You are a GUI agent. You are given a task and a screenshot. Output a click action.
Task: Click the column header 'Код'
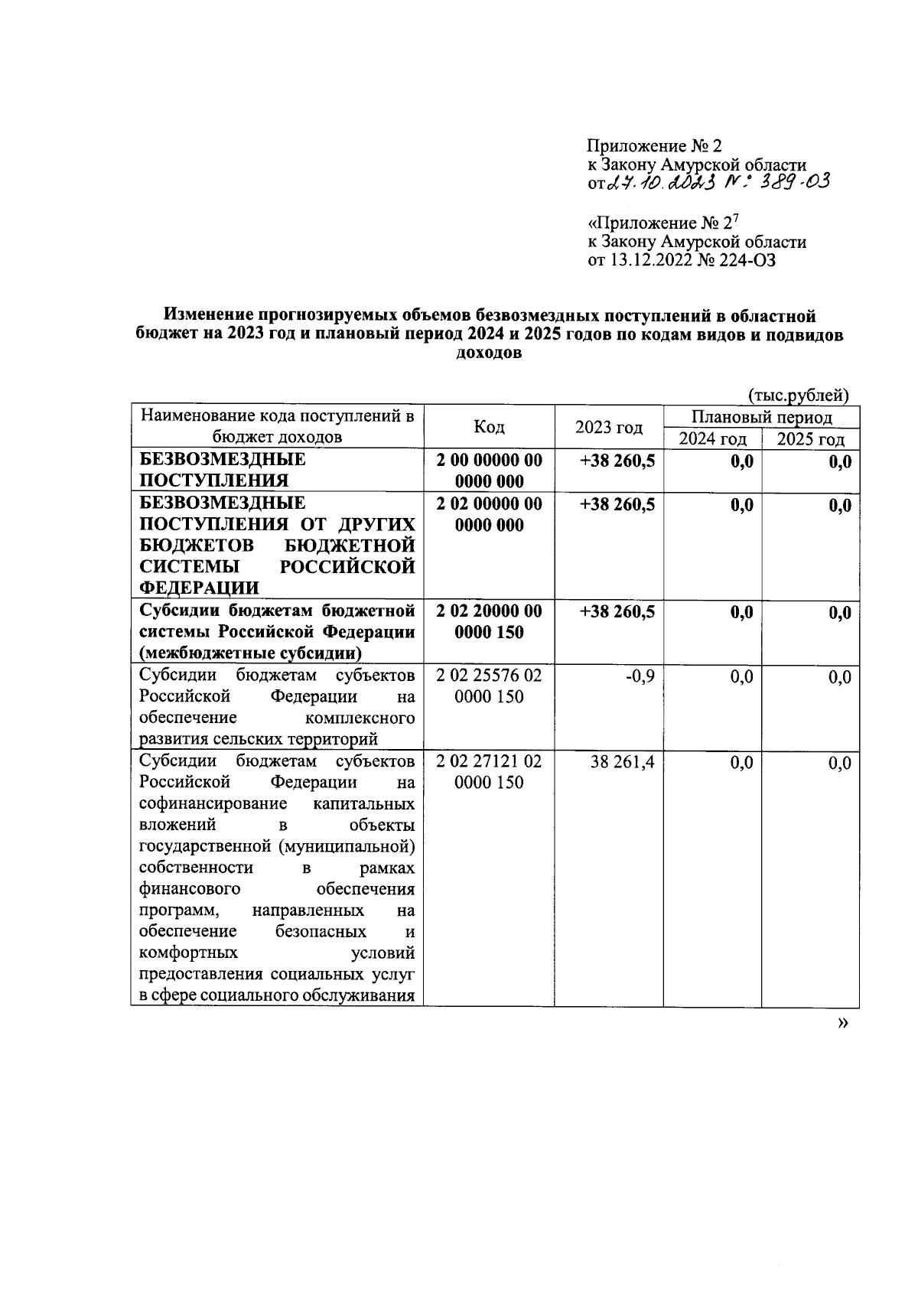[489, 427]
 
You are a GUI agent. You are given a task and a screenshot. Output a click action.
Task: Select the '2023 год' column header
[608, 427]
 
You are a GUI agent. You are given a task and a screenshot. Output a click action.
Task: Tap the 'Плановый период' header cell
[761, 417]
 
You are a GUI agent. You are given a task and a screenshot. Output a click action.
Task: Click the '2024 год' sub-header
[712, 438]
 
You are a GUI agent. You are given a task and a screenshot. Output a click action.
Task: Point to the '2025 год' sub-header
[810, 438]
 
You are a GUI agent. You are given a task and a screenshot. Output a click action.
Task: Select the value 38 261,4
[622, 763]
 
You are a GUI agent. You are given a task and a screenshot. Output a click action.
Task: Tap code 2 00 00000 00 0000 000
[489, 471]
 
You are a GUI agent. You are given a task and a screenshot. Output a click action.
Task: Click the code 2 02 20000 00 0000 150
[489, 622]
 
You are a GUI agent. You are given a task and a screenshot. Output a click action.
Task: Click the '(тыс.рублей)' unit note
[799, 395]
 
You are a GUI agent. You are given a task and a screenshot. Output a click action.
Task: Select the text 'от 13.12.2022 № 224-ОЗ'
[682, 260]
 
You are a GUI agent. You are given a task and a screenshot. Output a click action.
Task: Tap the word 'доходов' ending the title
[489, 353]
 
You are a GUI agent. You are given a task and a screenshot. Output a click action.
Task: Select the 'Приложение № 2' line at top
[654, 145]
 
